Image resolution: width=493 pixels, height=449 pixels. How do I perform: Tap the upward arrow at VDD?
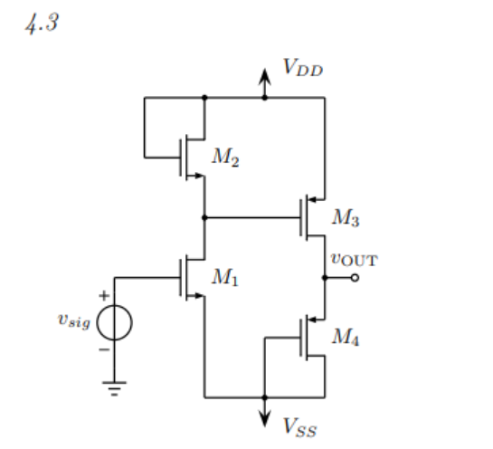click(264, 80)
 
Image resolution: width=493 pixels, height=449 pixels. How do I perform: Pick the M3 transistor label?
click(346, 217)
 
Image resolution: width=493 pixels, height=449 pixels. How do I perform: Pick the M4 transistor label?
click(346, 337)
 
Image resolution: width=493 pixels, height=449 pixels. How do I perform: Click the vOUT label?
click(354, 260)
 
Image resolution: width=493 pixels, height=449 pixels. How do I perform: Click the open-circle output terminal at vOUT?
click(354, 277)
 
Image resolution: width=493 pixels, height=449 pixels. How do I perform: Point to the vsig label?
click(73, 323)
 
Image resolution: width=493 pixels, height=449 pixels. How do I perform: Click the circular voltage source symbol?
click(114, 323)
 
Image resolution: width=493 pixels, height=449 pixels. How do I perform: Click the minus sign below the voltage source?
click(104, 349)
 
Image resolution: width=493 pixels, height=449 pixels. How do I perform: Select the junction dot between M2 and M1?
click(205, 217)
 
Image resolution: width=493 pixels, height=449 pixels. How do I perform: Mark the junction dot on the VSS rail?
click(264, 396)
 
